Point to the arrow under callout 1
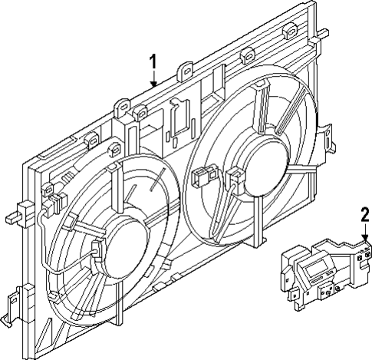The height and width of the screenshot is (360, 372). (153, 78)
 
